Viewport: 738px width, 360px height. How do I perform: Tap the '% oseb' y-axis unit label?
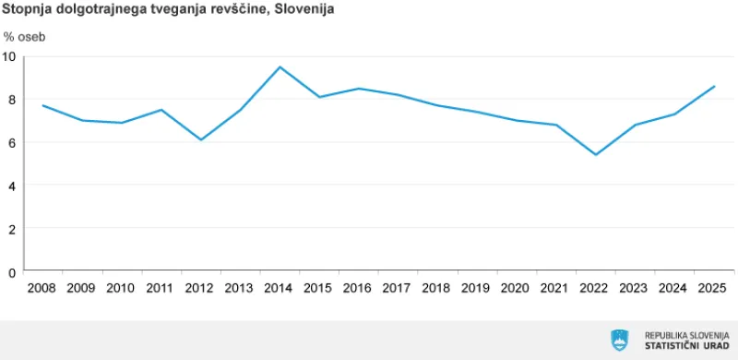pos(24,38)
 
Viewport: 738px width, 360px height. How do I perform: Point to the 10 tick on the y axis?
pos(10,55)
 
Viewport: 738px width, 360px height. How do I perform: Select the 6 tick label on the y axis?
pos(13,142)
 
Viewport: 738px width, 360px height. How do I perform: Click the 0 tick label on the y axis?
pos(13,271)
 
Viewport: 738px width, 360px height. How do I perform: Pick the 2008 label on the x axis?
pos(42,288)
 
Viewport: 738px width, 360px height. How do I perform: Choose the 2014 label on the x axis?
pos(280,288)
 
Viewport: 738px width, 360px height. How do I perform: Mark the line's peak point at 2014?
pos(280,66)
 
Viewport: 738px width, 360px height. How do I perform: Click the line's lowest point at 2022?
pos(595,154)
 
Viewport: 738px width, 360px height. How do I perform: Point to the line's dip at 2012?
pos(200,139)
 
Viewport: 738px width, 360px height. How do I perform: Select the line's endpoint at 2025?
pos(714,87)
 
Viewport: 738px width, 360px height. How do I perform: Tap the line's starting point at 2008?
pos(42,105)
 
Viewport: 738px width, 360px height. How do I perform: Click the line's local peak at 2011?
pos(161,110)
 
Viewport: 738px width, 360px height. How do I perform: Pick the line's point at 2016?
pos(358,89)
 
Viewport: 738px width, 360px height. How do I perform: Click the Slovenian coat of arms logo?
pos(619,339)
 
